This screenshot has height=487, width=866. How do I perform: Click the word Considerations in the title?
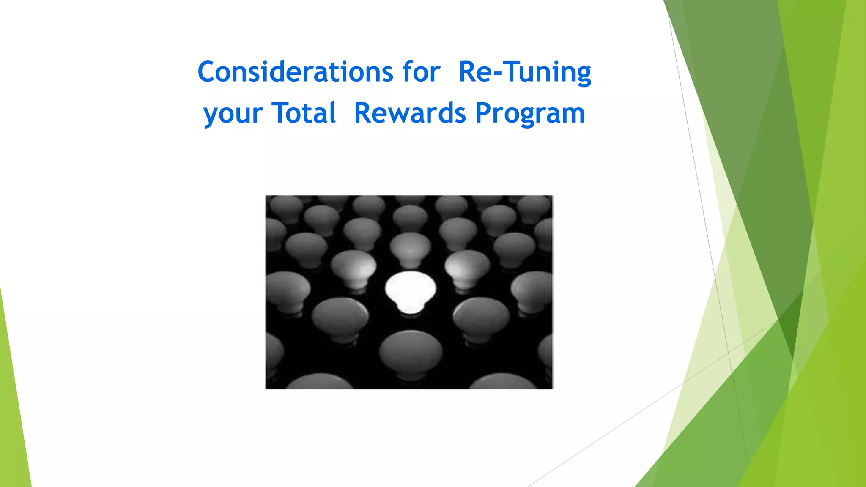pyautogui.click(x=295, y=72)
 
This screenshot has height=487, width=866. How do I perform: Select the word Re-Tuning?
pyautogui.click(x=525, y=72)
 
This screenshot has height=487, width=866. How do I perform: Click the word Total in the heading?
pyautogui.click(x=304, y=113)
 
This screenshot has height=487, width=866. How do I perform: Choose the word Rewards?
pyautogui.click(x=410, y=113)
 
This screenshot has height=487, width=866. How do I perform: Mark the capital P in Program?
pyautogui.click(x=483, y=113)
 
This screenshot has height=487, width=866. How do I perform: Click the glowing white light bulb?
pyautogui.click(x=410, y=290)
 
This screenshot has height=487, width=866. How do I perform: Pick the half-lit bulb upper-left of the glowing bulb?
pyautogui.click(x=354, y=268)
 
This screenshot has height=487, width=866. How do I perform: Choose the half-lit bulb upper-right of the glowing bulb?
pyautogui.click(x=467, y=268)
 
